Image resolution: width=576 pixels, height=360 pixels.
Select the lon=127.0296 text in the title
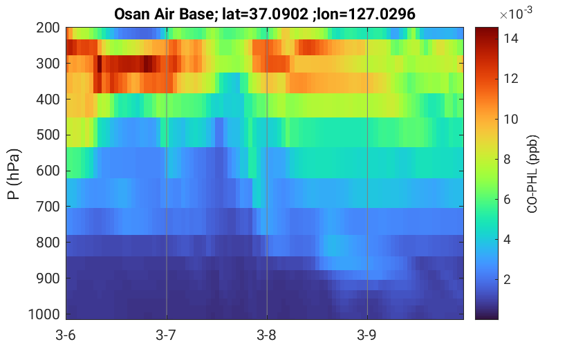366,15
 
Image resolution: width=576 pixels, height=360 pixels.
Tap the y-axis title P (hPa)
14,174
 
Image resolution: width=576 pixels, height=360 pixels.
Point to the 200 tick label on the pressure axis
48,28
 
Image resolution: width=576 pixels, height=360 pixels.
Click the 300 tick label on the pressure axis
48,64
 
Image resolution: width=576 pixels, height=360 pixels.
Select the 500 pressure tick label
48,135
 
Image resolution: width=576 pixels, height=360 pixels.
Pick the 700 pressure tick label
48,207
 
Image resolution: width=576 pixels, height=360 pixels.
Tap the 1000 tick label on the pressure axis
44,314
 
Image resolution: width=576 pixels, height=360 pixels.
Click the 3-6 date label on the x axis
66,335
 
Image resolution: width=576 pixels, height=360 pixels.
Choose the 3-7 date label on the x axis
166,335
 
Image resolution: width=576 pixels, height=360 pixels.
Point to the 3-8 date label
266,335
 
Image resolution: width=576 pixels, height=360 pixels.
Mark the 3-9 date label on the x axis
366,335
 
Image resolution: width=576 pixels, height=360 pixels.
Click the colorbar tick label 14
510,38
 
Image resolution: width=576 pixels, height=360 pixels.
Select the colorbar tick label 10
510,119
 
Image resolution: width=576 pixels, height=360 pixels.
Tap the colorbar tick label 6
507,199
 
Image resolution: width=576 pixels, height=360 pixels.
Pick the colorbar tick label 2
507,280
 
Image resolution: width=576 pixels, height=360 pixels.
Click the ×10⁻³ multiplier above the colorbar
516,13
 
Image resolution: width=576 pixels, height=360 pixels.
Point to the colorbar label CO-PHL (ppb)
532,174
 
